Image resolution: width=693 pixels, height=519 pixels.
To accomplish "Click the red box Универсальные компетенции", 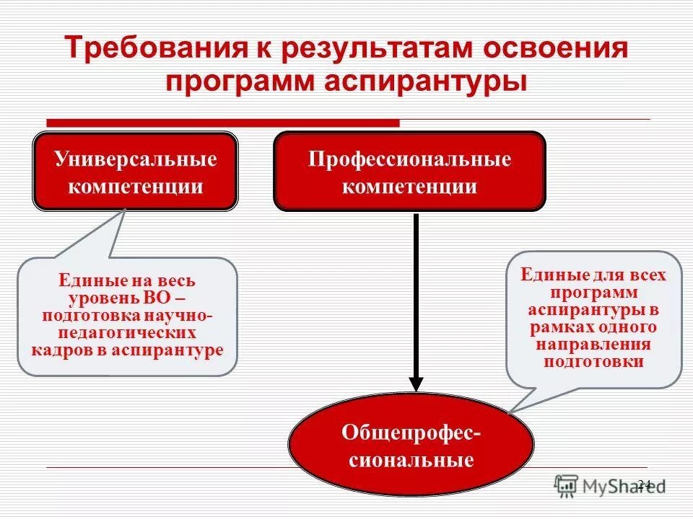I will (136, 172).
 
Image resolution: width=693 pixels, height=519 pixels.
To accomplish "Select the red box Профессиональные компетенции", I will (409, 172).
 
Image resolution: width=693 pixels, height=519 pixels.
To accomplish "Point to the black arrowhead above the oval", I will (416, 382).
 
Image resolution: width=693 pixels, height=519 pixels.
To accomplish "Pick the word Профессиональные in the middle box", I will (409, 159).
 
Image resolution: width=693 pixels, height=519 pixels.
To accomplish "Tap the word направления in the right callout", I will (593, 345).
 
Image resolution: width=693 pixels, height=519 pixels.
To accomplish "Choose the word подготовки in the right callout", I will (593, 362).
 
